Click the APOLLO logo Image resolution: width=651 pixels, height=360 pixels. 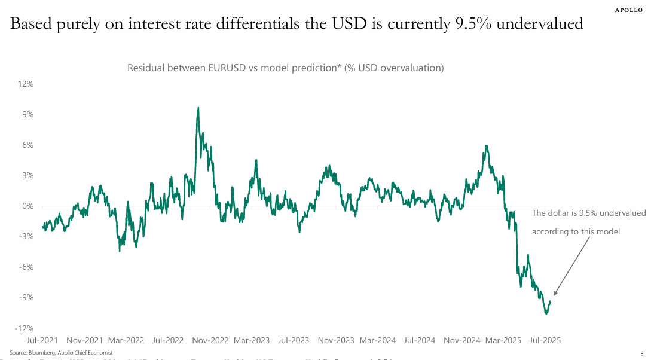pyautogui.click(x=629, y=10)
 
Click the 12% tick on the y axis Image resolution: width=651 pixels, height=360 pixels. pyautogui.click(x=26, y=84)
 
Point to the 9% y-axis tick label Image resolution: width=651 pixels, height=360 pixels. pyautogui.click(x=27, y=114)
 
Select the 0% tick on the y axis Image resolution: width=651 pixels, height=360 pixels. pyautogui.click(x=27, y=206)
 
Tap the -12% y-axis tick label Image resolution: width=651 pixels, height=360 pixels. pyautogui.click(x=25, y=328)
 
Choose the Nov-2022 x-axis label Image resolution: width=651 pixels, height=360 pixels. pyautogui.click(x=211, y=340)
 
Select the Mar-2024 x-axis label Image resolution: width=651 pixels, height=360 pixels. pyautogui.click(x=378, y=340)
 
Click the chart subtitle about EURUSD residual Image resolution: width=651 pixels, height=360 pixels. pyautogui.click(x=285, y=68)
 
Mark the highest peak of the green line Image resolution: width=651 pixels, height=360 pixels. pyautogui.click(x=198, y=108)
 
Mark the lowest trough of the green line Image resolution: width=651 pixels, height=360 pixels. pyautogui.click(x=546, y=313)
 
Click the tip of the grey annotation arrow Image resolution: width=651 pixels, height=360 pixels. pyautogui.click(x=554, y=295)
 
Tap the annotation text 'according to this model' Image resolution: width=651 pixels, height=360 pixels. pyautogui.click(x=576, y=232)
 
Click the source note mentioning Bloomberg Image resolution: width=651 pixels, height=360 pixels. pyautogui.click(x=61, y=353)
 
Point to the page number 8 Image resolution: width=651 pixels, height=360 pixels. pyautogui.click(x=641, y=353)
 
